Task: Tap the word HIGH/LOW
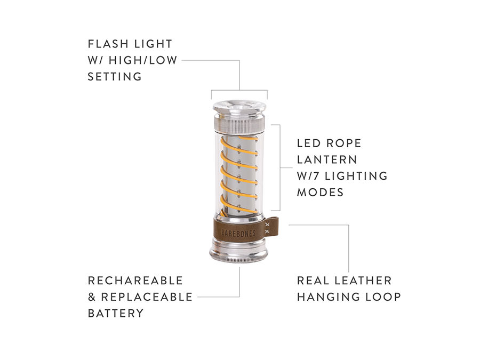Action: tap(142, 60)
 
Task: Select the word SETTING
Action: tap(115, 76)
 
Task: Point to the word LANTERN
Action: tap(327, 159)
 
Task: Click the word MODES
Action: tap(320, 192)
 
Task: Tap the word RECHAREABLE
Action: tap(135, 281)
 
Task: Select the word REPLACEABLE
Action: tap(147, 297)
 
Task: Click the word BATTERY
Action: tap(116, 313)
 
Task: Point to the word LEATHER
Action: tap(363, 281)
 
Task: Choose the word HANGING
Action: tap(328, 297)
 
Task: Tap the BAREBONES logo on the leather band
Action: tap(238, 233)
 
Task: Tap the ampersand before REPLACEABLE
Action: tap(92, 297)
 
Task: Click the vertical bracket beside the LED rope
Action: tap(280, 167)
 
